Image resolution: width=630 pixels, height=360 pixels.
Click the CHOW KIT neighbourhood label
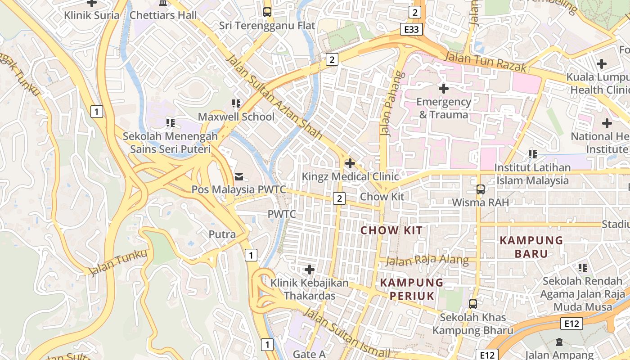pyautogui.click(x=392, y=231)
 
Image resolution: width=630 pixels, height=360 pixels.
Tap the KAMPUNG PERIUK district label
pyautogui.click(x=412, y=289)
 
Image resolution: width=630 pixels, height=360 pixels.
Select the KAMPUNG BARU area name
pyautogui.click(x=531, y=247)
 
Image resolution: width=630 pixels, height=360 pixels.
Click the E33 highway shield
pyautogui.click(x=411, y=30)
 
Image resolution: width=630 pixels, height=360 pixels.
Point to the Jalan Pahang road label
pyautogui.click(x=390, y=103)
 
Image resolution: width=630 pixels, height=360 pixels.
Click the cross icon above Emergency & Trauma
pyautogui.click(x=444, y=89)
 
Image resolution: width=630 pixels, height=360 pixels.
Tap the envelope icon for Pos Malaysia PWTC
pyautogui.click(x=238, y=176)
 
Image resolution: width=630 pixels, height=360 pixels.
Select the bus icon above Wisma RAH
pyautogui.click(x=480, y=189)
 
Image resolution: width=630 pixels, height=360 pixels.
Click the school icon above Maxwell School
pyautogui.click(x=236, y=104)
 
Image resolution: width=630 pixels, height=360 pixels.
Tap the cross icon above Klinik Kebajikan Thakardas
pyautogui.click(x=309, y=270)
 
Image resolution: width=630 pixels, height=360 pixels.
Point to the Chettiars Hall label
pyautogui.click(x=163, y=15)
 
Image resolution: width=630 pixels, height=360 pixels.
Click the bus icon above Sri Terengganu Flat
pyautogui.click(x=267, y=12)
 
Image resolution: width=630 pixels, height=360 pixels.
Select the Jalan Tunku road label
pyautogui.click(x=118, y=263)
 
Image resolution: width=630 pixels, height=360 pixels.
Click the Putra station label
pyautogui.click(x=222, y=234)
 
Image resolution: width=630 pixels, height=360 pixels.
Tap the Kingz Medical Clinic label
pyautogui.click(x=350, y=176)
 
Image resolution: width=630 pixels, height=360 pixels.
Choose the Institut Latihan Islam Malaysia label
pyautogui.click(x=532, y=174)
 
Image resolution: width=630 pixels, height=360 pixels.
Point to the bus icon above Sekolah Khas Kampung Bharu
pyautogui.click(x=472, y=304)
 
